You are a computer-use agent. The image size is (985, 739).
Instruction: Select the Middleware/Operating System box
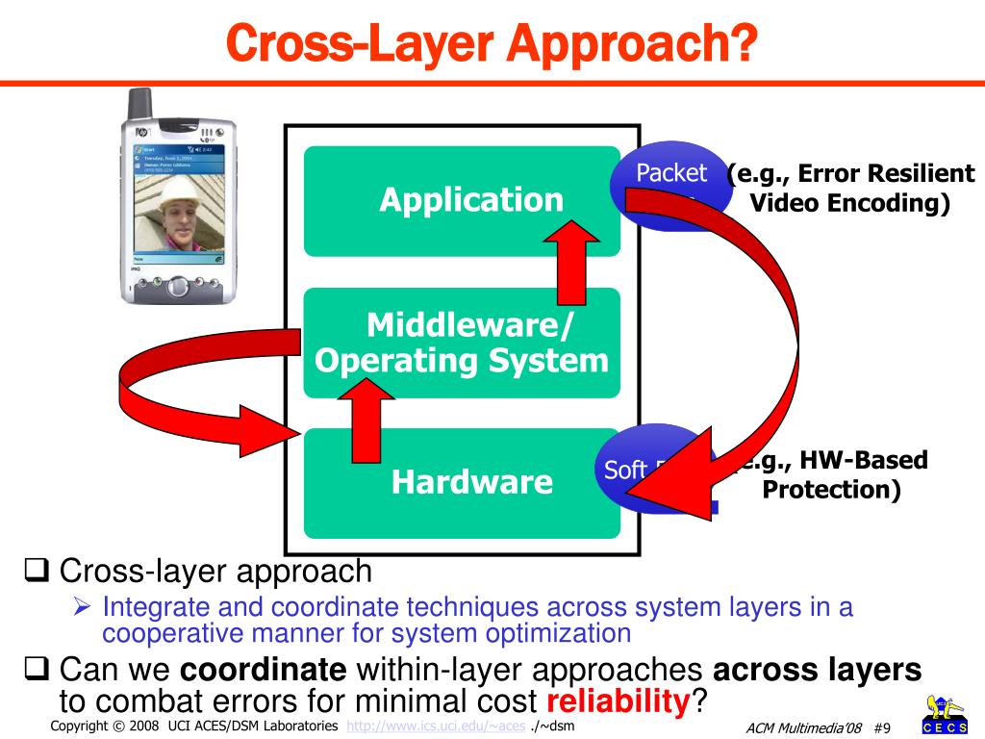point(462,344)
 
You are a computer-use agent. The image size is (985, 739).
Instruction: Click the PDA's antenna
point(140,103)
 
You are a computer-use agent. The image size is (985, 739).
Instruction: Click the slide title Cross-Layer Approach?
point(492,42)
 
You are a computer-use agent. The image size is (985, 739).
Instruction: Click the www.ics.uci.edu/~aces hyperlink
point(436,725)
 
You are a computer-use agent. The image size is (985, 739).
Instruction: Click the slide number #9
point(887,727)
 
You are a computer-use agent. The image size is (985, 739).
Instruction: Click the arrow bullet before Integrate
point(84,607)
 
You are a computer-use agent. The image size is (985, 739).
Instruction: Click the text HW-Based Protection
point(831,475)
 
